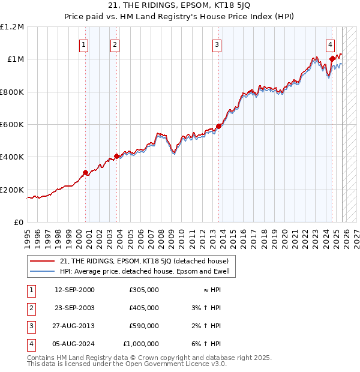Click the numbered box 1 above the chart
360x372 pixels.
[83, 44]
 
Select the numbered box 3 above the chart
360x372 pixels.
[217, 44]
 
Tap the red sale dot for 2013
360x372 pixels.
[218, 126]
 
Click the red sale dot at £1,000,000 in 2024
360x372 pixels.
[332, 59]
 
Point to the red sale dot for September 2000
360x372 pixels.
[85, 173]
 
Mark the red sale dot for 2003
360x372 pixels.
[116, 157]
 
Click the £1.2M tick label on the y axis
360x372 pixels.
[12, 27]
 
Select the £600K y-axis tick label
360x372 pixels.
[12, 125]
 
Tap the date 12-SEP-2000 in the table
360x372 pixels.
[74, 290]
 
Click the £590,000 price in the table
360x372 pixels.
[143, 326]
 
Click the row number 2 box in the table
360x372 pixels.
[31, 308]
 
